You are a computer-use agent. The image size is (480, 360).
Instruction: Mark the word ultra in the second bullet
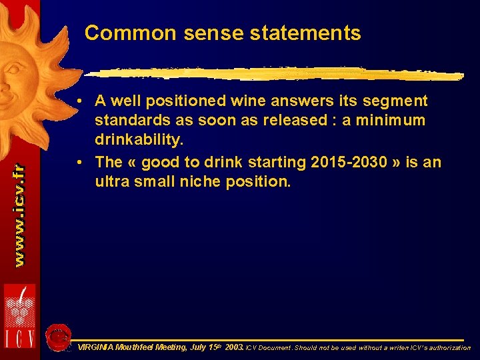click(x=112, y=181)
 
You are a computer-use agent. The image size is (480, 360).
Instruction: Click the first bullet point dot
click(x=80, y=102)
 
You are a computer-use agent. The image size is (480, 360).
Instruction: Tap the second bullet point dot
click(x=80, y=163)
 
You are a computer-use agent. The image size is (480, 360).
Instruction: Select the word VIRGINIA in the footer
click(x=95, y=348)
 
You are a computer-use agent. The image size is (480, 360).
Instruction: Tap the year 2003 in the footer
click(x=234, y=348)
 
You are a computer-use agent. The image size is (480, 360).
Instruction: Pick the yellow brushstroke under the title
click(x=273, y=74)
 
